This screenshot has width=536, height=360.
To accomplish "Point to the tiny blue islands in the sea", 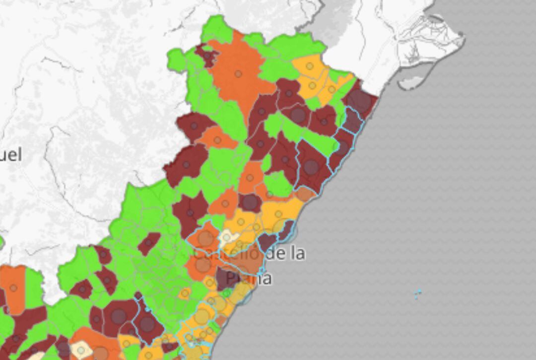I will click(418, 294).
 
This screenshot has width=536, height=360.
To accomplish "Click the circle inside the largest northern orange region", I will click(238, 74).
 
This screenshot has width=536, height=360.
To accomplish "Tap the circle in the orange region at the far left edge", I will click(13, 288).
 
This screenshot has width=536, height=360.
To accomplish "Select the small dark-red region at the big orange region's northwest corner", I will click(206, 55).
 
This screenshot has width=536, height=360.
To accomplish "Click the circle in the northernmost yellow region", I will click(310, 66).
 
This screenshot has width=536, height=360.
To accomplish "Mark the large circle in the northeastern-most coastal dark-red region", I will click(359, 101).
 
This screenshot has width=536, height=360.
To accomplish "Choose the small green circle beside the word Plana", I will click(226, 293).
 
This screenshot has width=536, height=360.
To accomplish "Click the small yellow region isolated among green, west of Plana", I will click(185, 293).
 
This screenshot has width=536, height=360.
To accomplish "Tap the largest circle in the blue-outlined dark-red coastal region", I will click(311, 167).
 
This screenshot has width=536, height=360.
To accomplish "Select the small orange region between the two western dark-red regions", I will click(217, 140).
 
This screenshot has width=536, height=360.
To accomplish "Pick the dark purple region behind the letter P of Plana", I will click(226, 278).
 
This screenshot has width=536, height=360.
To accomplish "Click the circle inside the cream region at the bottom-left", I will click(81, 350).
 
